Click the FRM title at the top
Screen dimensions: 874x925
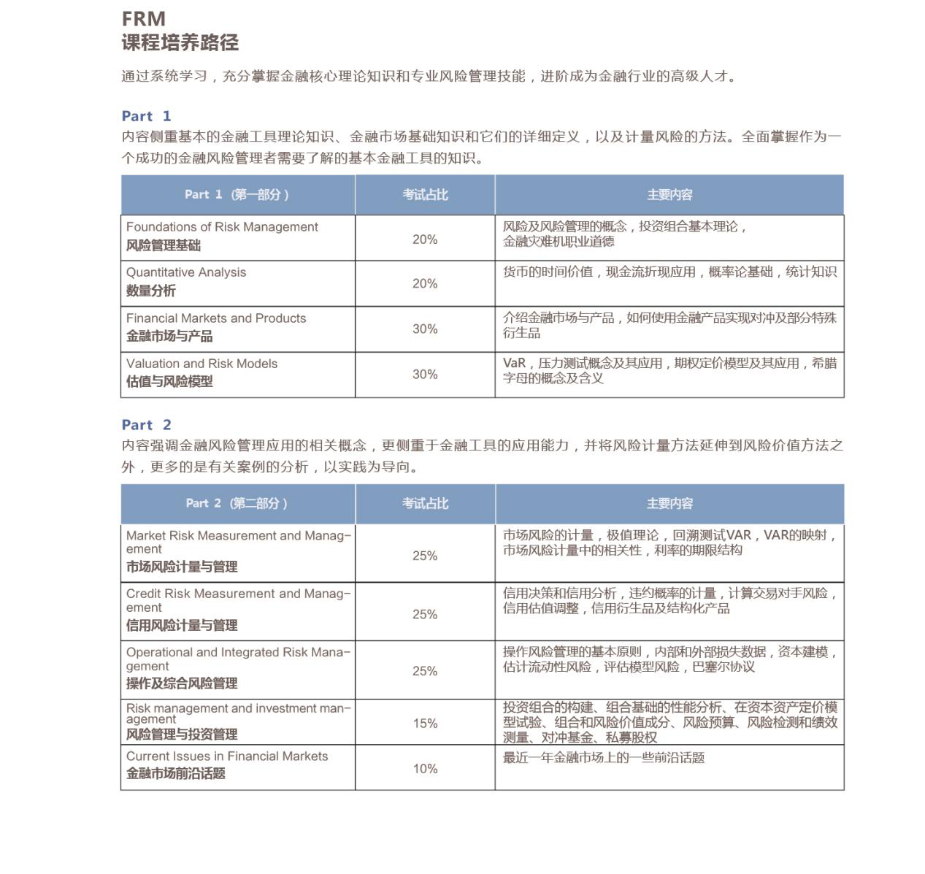coord(143,19)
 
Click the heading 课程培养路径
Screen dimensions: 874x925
coord(180,43)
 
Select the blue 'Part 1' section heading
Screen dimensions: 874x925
coord(146,116)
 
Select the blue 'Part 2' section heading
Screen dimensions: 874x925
coord(146,425)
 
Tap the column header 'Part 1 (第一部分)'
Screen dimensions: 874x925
coord(237,195)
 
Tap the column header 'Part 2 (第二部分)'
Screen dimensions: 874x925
coord(237,504)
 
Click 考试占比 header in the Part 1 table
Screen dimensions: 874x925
coord(425,195)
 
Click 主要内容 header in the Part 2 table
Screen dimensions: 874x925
coord(669,504)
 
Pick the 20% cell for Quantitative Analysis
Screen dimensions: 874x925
coord(425,284)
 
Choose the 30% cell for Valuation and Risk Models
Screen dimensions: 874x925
coord(425,375)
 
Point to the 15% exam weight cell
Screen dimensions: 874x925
coord(425,724)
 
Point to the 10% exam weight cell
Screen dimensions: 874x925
coord(425,769)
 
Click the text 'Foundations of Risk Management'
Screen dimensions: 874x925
coord(222,227)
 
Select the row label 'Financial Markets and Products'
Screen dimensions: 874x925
coord(216,318)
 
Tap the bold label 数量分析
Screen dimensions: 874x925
coord(151,291)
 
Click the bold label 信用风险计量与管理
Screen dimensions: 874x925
coord(182,625)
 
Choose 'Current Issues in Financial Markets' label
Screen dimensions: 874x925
coord(227,756)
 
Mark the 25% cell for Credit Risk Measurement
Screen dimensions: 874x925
coord(425,615)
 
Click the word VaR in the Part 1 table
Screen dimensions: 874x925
coord(514,364)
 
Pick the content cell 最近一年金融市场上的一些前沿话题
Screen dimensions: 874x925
coord(604,758)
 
